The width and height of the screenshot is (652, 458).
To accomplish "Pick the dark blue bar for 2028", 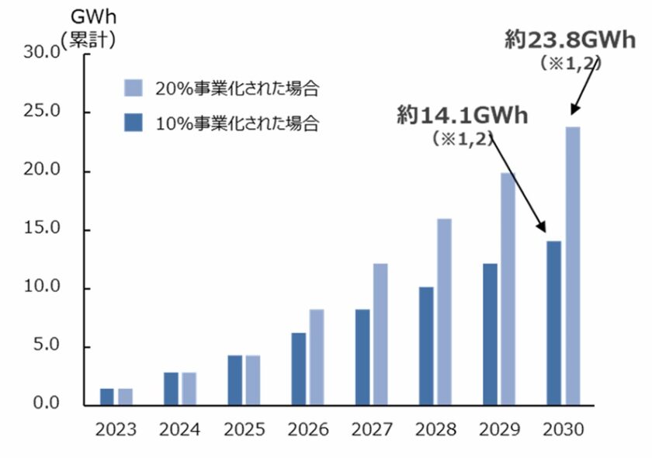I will point(425,346).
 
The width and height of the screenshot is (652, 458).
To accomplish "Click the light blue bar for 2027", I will point(380,335).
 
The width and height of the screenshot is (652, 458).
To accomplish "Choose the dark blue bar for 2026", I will point(299,369).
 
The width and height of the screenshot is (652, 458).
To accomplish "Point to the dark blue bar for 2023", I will point(107,397).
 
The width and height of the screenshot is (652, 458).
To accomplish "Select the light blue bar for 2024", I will point(189,389).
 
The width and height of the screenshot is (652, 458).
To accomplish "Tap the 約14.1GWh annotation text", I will point(462,116).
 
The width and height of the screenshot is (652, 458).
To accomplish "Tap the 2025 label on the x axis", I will point(244,429).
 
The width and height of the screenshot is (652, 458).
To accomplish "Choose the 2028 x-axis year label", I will point(435,429).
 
